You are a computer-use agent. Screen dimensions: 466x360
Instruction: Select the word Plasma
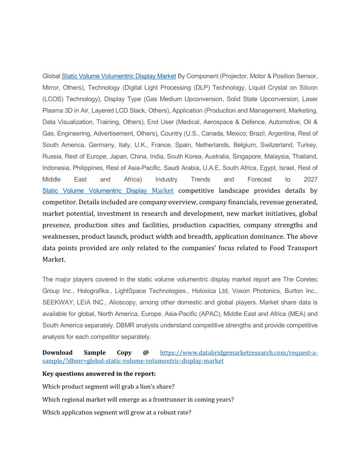[52, 110]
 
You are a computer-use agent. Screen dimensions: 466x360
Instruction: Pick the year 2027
[311, 179]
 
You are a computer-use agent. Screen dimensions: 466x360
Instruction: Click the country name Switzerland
[274, 145]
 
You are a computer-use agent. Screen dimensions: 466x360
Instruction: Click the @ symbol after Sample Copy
[146, 353]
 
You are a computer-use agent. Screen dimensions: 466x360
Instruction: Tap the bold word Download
[57, 353]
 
